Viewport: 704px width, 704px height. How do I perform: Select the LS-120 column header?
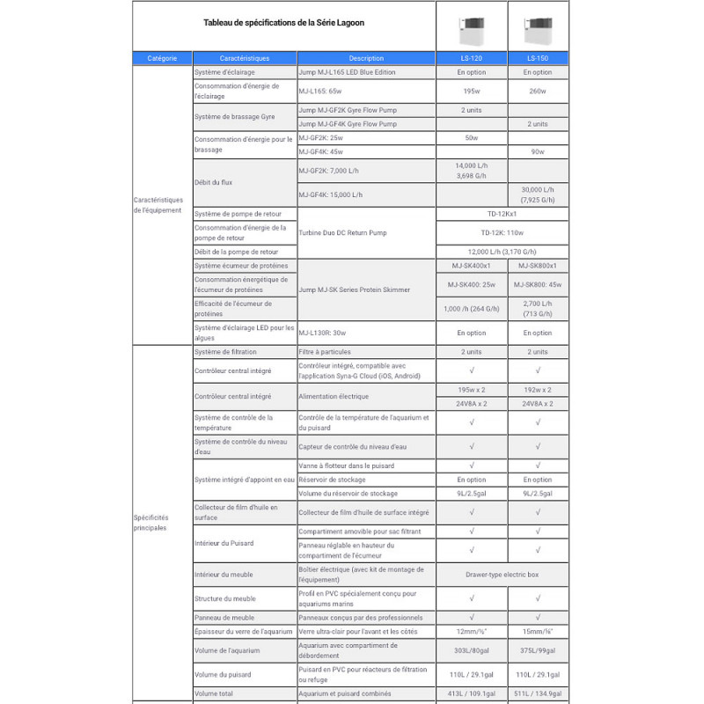click(x=471, y=58)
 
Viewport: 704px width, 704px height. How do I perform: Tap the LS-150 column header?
click(x=537, y=58)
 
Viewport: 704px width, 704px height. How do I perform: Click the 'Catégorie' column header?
click(x=162, y=58)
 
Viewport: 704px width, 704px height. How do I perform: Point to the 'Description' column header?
click(x=366, y=58)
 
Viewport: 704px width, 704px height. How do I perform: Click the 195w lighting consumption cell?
click(x=471, y=91)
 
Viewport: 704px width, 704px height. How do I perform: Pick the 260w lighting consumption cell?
click(x=537, y=91)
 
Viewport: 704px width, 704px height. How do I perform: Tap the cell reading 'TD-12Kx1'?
click(x=504, y=214)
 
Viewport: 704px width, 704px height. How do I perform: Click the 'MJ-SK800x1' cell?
click(x=537, y=266)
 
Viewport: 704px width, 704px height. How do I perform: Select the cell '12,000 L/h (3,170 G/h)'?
click(x=504, y=252)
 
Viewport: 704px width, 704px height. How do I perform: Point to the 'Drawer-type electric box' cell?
click(x=504, y=575)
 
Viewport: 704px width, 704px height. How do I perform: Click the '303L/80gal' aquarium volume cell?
click(x=471, y=650)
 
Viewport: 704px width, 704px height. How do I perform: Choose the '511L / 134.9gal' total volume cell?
click(x=537, y=693)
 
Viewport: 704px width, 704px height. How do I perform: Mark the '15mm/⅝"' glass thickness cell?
click(x=537, y=631)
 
